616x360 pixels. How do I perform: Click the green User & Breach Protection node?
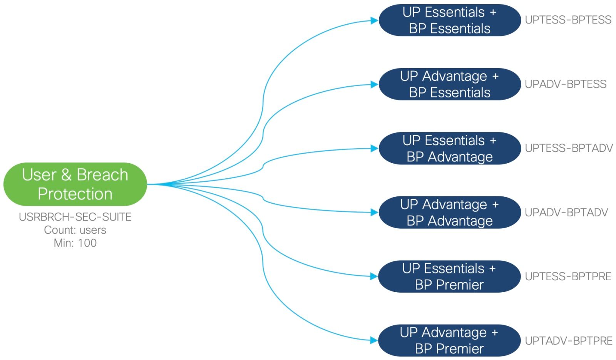[x=75, y=184]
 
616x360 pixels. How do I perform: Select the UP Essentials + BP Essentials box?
[x=449, y=20]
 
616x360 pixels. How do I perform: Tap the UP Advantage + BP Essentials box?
[x=449, y=84]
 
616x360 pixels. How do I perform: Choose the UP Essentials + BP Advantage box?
[x=449, y=149]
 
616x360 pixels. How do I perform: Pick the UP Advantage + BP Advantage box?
[x=449, y=213]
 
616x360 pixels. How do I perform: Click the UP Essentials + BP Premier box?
[x=449, y=276]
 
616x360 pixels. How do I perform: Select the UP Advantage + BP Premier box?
[x=449, y=340]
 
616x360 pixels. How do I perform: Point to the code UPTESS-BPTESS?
[x=568, y=20]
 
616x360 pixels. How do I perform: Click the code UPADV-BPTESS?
[x=565, y=84]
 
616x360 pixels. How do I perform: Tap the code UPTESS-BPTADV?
[x=569, y=148]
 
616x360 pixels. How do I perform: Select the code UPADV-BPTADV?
[x=566, y=213]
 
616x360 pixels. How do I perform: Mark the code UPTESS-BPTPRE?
[x=568, y=276]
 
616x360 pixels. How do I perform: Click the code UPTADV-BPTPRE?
[x=568, y=341]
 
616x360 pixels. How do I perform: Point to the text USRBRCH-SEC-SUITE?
[x=75, y=217]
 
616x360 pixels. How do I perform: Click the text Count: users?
[x=75, y=230]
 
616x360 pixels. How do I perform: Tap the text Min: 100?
[x=75, y=243]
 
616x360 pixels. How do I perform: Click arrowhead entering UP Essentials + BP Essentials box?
[x=374, y=20]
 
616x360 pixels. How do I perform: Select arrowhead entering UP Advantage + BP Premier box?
[x=374, y=340]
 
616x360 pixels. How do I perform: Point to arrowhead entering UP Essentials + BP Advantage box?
[x=374, y=148]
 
